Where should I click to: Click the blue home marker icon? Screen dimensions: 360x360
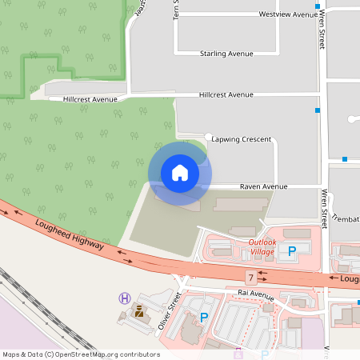click(x=179, y=173)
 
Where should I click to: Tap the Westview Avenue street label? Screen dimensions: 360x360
click(x=289, y=14)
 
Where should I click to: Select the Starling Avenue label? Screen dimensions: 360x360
click(x=226, y=54)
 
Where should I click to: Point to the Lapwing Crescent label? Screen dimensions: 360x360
click(x=242, y=138)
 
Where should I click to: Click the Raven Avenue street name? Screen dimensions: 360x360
click(x=264, y=186)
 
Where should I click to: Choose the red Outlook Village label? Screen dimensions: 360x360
click(x=262, y=246)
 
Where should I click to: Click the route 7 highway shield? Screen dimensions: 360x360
click(x=250, y=278)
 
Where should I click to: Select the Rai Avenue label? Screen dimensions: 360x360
click(x=256, y=294)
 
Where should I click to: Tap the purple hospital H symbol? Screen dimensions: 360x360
click(x=124, y=298)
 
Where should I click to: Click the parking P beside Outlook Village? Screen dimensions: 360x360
click(x=292, y=250)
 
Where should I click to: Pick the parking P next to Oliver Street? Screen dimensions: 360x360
click(x=204, y=318)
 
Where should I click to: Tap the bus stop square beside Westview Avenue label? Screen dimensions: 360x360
click(x=318, y=6)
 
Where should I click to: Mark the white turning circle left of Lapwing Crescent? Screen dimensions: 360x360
click(x=208, y=137)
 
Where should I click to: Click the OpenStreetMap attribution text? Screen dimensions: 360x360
click(x=81, y=354)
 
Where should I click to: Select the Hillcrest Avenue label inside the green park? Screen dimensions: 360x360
click(x=90, y=99)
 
